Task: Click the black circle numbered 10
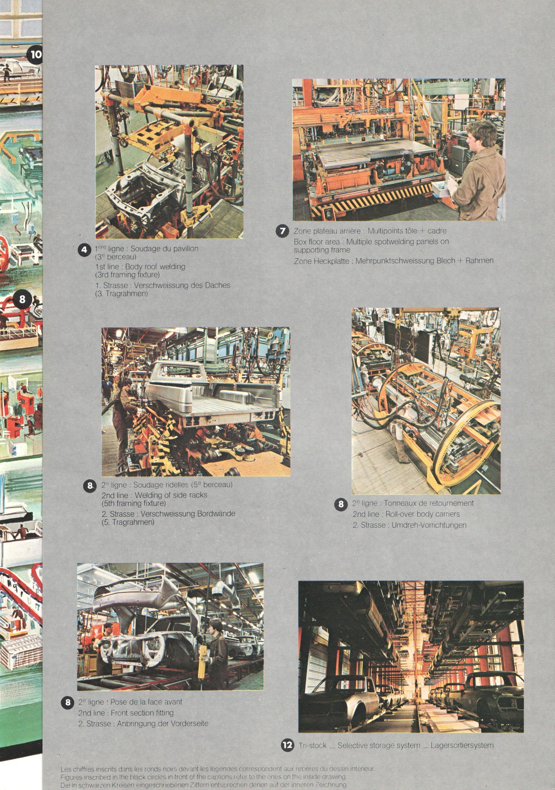pyautogui.click(x=35, y=55)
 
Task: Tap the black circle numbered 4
pyautogui.click(x=85, y=250)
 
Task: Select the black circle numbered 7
pyautogui.click(x=282, y=231)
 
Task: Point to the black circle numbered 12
pyautogui.click(x=287, y=745)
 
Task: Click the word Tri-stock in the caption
pyautogui.click(x=312, y=745)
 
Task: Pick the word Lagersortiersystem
pyautogui.click(x=462, y=745)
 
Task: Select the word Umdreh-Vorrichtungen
pyautogui.click(x=429, y=525)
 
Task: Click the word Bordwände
pyautogui.click(x=215, y=514)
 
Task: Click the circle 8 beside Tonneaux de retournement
pyautogui.click(x=341, y=504)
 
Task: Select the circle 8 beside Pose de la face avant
pyautogui.click(x=68, y=702)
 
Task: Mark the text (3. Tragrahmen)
pyautogui.click(x=121, y=294)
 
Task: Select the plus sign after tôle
pyautogui.click(x=422, y=231)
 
